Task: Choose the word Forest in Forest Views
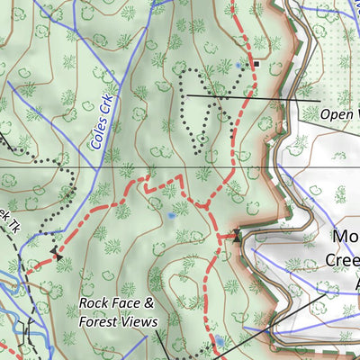click(100, 321)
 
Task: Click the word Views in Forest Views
click(140, 321)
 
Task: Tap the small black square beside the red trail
click(256, 65)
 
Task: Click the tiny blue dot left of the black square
click(238, 65)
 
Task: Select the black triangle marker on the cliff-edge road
click(237, 236)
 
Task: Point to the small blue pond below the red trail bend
click(171, 216)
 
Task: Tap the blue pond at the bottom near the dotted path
click(219, 341)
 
